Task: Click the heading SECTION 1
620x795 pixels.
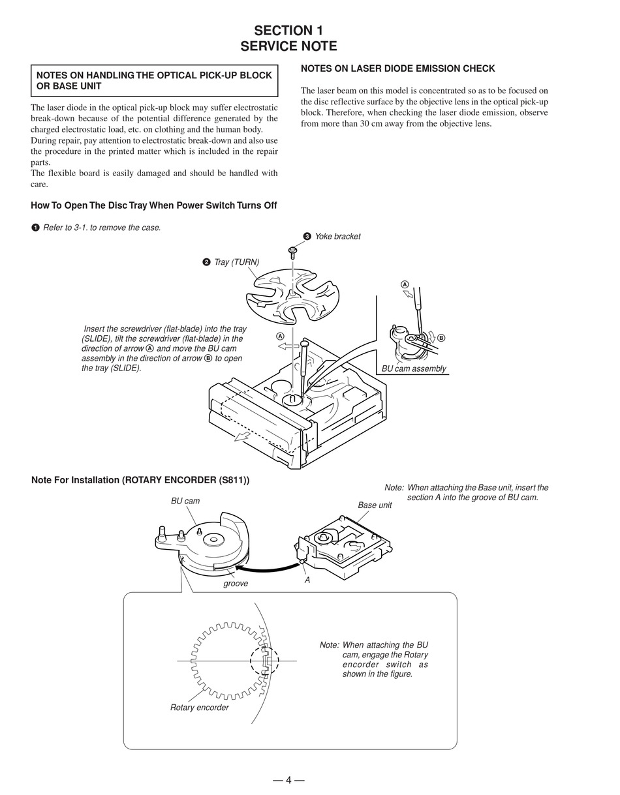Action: pos(288,31)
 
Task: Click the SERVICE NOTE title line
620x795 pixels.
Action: pos(288,46)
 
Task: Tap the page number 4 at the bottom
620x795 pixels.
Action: pos(288,779)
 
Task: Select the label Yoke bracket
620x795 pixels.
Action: pos(337,237)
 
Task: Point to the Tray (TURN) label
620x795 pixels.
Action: pos(236,262)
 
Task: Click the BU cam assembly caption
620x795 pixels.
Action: pos(414,368)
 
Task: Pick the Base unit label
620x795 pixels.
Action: pos(375,505)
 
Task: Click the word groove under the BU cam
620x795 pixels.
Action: pos(236,584)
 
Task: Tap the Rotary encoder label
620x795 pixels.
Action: pos(199,708)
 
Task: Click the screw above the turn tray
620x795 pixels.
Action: pos(293,252)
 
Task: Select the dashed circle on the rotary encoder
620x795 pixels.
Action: pos(264,661)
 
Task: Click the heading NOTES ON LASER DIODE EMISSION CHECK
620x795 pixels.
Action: pos(397,68)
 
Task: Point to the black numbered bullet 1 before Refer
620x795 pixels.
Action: pos(35,228)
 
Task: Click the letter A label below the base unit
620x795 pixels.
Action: pos(307,580)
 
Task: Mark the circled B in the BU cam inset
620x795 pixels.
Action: pos(441,338)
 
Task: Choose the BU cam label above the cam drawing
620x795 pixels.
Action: pos(185,501)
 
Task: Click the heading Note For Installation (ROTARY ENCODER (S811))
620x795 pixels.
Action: pos(140,480)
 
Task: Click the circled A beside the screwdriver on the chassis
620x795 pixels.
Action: pos(281,337)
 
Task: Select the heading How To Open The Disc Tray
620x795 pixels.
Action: pos(153,205)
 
